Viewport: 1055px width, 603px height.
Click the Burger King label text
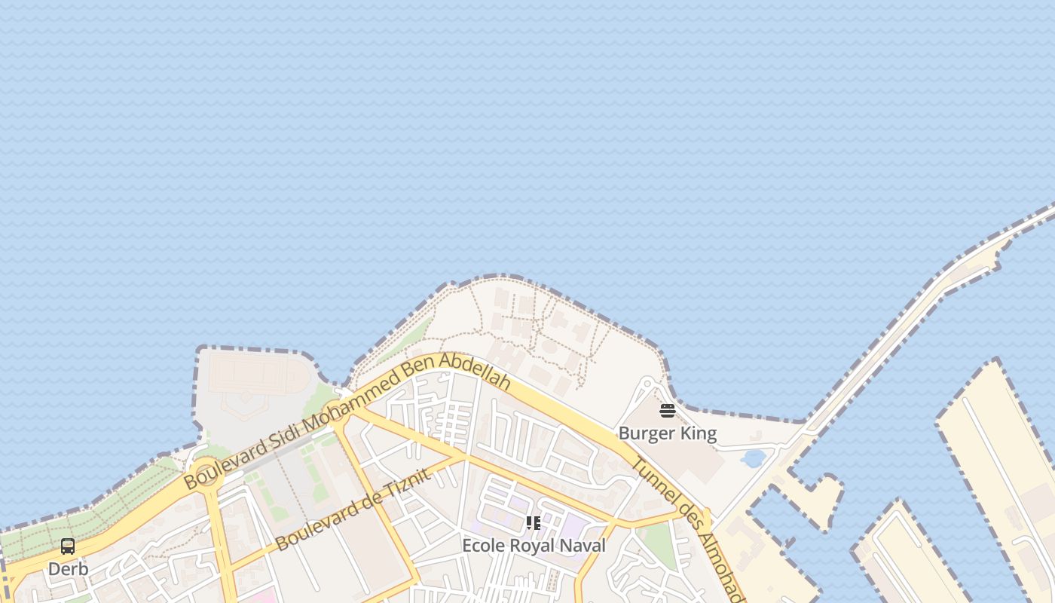667,433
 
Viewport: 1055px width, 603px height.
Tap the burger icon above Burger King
667,411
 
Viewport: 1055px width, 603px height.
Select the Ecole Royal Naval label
534,545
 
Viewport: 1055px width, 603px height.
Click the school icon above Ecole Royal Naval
534,523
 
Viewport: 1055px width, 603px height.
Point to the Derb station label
68,569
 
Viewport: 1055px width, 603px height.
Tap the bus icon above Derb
68,546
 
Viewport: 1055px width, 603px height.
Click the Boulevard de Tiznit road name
353,509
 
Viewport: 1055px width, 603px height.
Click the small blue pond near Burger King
753,458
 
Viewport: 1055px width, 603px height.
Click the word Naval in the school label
583,545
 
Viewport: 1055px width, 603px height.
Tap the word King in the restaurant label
700,433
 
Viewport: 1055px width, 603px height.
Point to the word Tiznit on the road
405,485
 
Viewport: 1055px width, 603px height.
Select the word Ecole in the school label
482,545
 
